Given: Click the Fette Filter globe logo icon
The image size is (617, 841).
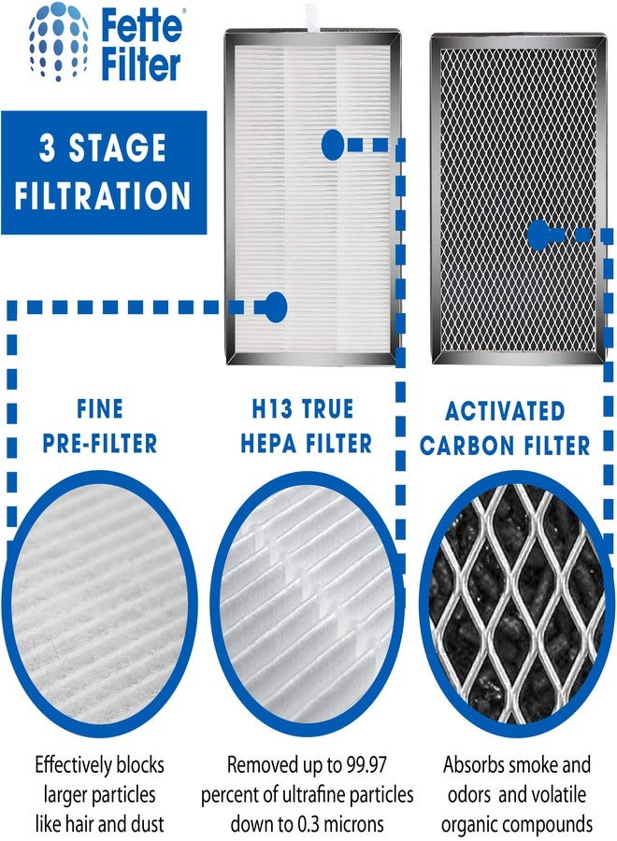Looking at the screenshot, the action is point(63,43).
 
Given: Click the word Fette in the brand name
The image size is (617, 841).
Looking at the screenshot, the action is point(143,25).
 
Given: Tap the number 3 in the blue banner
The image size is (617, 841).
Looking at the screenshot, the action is point(48,148).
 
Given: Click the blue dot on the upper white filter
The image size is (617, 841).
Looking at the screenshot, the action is point(333,144).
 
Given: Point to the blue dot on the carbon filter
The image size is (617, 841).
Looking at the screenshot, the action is point(538,235).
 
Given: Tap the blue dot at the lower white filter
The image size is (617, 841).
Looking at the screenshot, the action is point(276,306).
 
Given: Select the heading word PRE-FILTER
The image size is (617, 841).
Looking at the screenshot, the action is point(100,443).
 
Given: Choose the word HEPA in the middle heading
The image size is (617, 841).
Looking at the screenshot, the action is point(267,443).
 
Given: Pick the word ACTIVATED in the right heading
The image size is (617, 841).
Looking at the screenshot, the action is point(506,411).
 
